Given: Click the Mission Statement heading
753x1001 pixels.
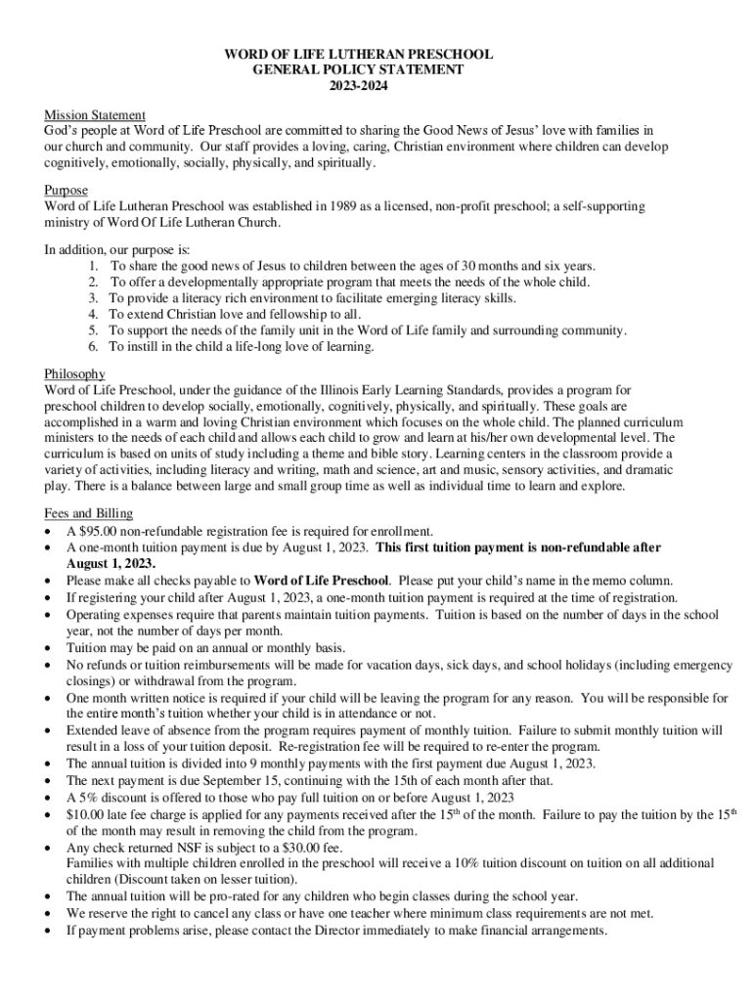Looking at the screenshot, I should click(x=95, y=115).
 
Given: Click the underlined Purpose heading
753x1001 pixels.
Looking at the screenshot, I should click(x=66, y=191).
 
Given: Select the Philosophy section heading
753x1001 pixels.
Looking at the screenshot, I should click(x=75, y=374).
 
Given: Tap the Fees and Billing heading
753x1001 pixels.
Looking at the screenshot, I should click(x=89, y=514).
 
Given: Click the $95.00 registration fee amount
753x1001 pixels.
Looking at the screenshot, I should click(x=101, y=531).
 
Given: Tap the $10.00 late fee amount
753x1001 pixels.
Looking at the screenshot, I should click(x=85, y=814).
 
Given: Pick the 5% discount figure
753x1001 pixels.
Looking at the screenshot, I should click(x=85, y=798).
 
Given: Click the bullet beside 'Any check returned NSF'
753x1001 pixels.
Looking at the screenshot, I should click(x=49, y=848).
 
